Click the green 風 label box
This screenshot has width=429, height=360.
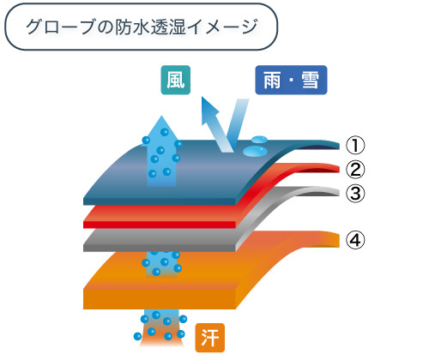[x=176, y=80]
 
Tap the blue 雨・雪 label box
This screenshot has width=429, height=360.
[x=291, y=80]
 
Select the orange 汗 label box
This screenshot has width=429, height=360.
[x=210, y=338]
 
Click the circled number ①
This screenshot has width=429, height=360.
[x=355, y=145]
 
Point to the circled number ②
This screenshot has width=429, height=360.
[x=355, y=170]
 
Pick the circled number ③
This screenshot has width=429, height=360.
[x=355, y=194]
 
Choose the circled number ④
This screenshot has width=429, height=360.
[x=355, y=240]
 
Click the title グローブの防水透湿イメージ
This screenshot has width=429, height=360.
[x=142, y=27]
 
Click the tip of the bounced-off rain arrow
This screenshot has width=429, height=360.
[x=202, y=97]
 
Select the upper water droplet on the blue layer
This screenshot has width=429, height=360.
[x=259, y=139]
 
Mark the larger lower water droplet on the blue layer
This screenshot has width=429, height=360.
[x=255, y=151]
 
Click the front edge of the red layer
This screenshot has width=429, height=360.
[x=160, y=225]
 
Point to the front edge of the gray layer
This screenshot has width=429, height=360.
[x=160, y=248]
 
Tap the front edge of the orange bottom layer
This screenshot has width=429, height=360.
[x=160, y=299]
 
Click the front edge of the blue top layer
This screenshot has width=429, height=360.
[x=160, y=201]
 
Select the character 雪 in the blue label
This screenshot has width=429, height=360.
[x=310, y=80]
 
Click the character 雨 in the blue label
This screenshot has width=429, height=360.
[x=272, y=80]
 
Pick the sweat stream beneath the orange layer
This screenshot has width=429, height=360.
[x=161, y=328]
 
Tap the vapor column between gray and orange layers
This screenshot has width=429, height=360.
[x=161, y=264]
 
